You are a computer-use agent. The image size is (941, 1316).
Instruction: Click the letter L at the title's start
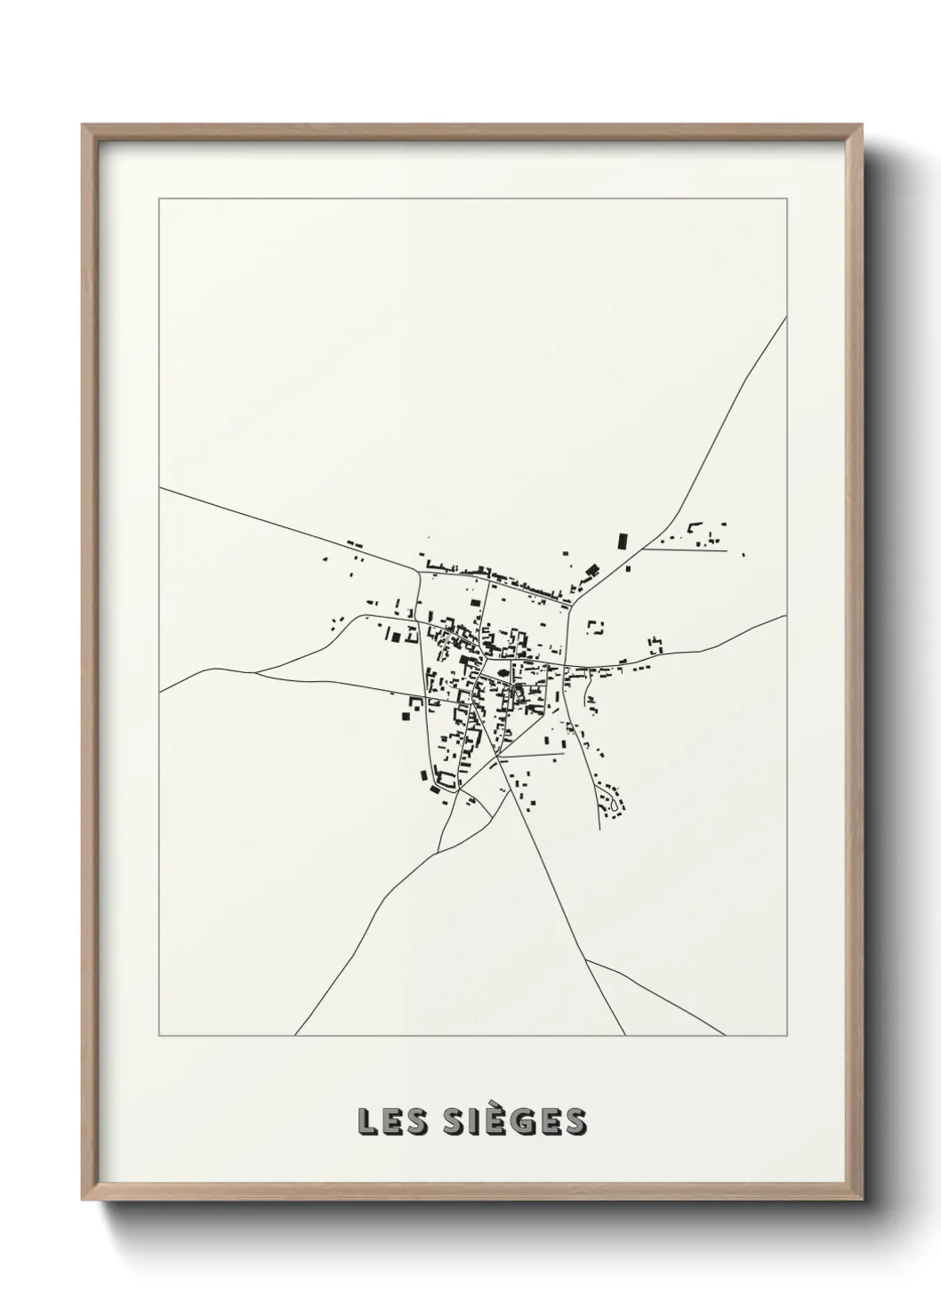[366, 1122]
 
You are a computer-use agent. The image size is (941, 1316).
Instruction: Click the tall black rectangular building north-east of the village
[623, 541]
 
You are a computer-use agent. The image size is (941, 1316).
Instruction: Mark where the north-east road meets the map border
[786, 318]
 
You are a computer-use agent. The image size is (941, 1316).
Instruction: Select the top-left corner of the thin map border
[159, 198]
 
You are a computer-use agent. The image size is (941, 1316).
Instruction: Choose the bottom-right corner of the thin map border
[786, 1036]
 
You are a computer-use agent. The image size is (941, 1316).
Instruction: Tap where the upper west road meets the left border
[160, 487]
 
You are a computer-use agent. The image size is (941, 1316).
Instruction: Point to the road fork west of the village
[256, 673]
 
